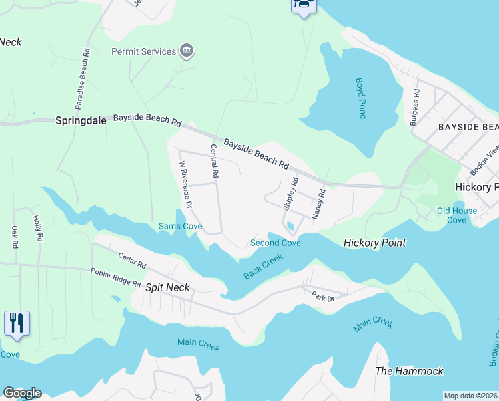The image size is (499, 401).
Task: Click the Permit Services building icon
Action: point(187,51)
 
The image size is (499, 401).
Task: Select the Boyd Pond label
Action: point(360,98)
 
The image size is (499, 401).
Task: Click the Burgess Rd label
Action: point(415,102)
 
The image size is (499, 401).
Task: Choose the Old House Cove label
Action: point(457,215)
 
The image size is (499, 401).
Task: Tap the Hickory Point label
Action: point(374,243)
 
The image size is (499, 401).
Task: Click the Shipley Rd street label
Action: point(291,194)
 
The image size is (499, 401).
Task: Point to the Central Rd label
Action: point(215,160)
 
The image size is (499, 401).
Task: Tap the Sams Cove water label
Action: point(180,227)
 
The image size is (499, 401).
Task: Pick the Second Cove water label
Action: point(275,243)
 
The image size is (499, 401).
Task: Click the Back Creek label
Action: point(263,265)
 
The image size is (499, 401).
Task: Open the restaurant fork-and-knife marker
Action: point(17,324)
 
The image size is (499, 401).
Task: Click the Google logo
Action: point(22,392)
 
